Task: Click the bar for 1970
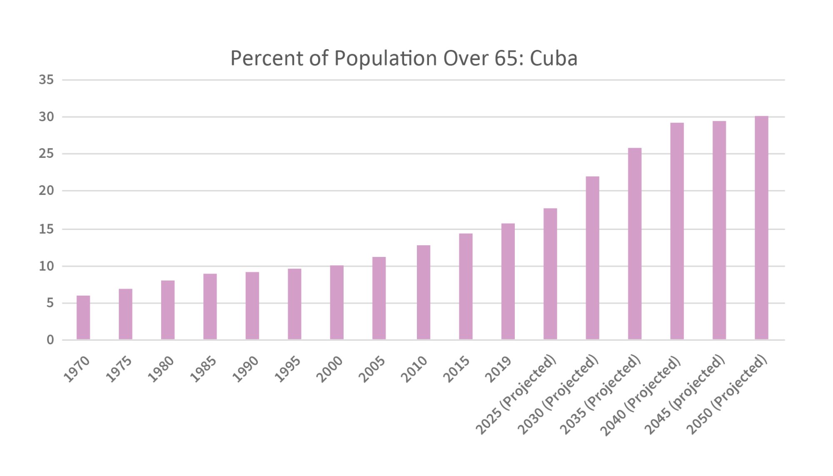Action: pos(83,318)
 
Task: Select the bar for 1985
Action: pos(210,307)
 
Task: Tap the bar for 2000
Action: pos(337,303)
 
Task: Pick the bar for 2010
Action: pos(423,293)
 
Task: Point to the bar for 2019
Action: pos(508,282)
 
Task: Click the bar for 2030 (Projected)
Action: pos(592,258)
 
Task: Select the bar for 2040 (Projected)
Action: pos(677,232)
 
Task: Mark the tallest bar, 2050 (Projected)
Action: pos(761,228)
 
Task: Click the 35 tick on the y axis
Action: pos(46,80)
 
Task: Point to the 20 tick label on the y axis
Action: pos(46,191)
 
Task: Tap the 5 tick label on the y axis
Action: pos(50,303)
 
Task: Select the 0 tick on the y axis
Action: pos(50,340)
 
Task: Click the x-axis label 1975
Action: pos(119,369)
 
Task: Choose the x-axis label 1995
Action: pos(288,369)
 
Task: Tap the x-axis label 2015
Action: pos(456,369)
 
